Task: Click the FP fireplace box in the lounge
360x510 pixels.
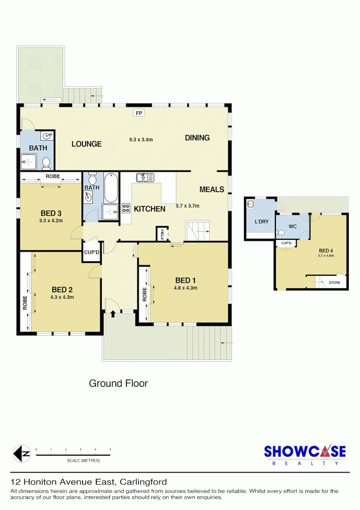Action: click(x=139, y=113)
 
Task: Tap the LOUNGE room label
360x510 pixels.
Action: click(x=86, y=144)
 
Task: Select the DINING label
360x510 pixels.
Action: click(x=197, y=138)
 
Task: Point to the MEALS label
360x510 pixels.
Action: click(x=212, y=189)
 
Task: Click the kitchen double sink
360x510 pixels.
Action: click(x=145, y=178)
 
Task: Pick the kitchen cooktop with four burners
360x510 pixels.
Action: click(x=126, y=208)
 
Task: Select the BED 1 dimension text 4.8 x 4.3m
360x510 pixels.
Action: click(x=185, y=288)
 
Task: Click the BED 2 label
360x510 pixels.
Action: click(x=62, y=289)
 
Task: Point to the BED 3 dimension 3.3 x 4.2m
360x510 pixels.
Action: click(x=51, y=220)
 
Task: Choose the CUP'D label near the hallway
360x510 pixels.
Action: click(x=91, y=252)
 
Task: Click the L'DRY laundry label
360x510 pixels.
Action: click(x=260, y=221)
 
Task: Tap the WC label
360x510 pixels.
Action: click(x=293, y=226)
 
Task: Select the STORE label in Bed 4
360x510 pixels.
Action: click(x=334, y=282)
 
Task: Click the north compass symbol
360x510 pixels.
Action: click(x=21, y=454)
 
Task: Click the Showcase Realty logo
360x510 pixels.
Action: click(x=304, y=455)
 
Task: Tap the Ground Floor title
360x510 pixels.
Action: click(x=118, y=383)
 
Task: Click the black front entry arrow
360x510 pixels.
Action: click(x=112, y=314)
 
